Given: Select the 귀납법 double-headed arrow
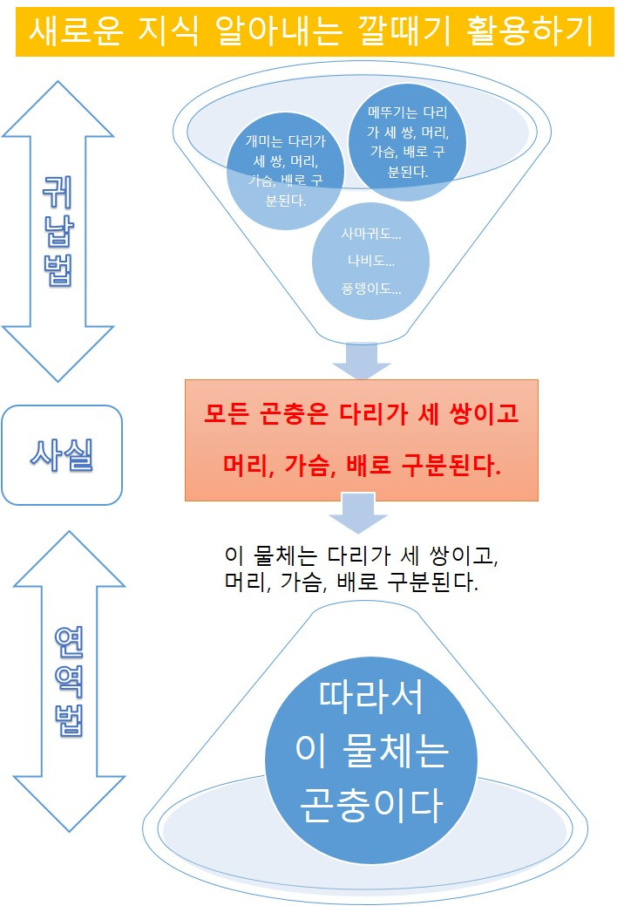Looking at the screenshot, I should click(58, 231).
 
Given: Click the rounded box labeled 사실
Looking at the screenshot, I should click(61, 454).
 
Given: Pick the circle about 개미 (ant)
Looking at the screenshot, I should click(285, 170).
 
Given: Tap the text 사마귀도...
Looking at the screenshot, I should click(372, 235).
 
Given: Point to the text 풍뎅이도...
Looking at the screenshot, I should click(372, 289).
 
